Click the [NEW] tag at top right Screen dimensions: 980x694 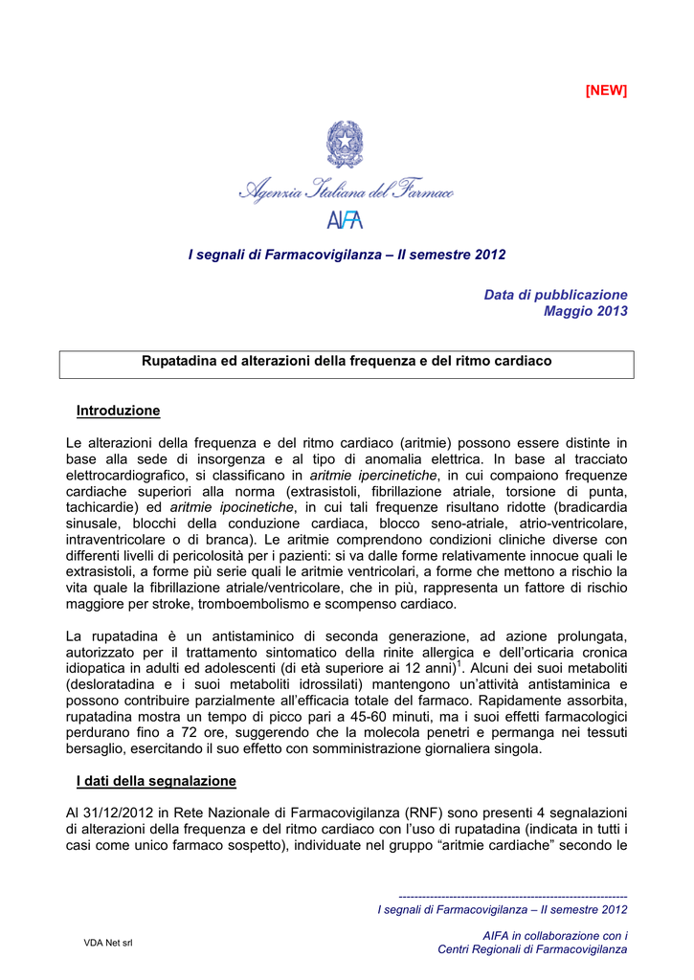[x=606, y=90]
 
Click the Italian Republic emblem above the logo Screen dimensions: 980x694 [x=345, y=145]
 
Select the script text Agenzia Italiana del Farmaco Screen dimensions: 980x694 [x=346, y=191]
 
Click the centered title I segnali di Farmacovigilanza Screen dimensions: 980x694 [x=347, y=255]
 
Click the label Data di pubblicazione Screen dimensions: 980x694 [x=555, y=295]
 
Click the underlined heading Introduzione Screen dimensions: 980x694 [x=118, y=411]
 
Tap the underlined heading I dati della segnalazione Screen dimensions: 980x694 [x=156, y=781]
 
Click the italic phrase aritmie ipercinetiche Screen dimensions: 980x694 [x=373, y=475]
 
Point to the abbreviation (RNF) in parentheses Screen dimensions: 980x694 [x=422, y=813]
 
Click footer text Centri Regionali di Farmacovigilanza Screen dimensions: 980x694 [x=532, y=949]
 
